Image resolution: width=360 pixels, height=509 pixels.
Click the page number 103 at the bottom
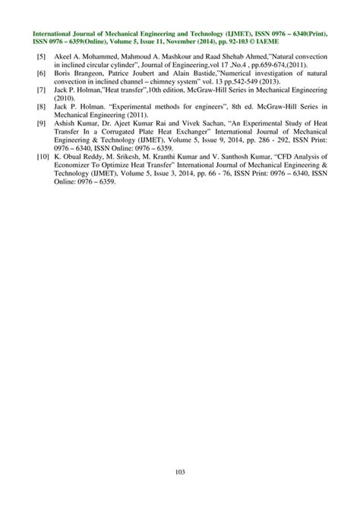click(x=180, y=473)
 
